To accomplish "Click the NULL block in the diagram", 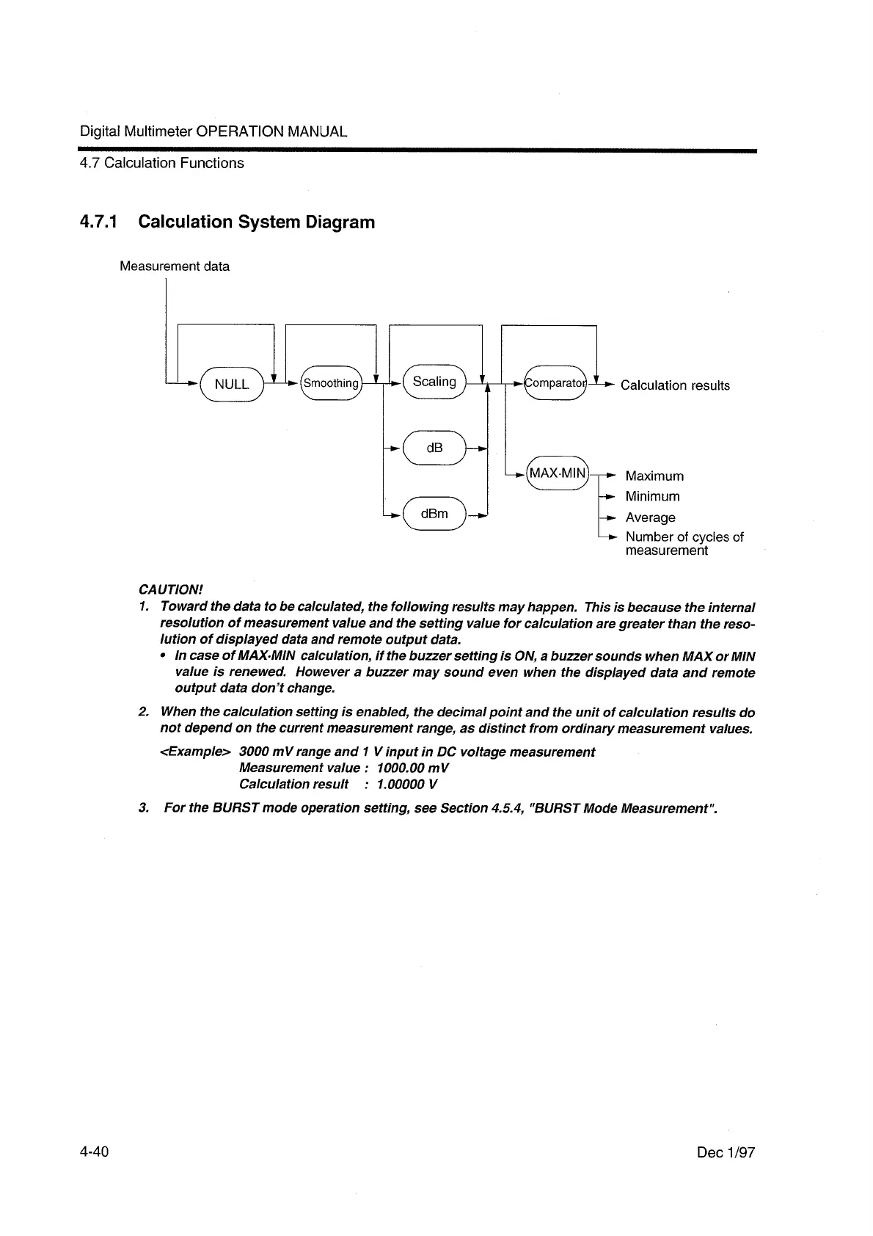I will (232, 384).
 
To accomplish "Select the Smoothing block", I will (332, 383).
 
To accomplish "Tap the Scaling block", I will (434, 382).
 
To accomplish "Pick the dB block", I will (434, 448).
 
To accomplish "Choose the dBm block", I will (434, 514).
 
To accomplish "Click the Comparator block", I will (555, 383).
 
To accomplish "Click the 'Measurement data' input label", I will (175, 266).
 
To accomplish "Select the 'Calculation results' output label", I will (675, 385).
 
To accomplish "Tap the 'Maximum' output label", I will (654, 476).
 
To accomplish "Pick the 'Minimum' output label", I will (652, 496).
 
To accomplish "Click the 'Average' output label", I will (650, 517).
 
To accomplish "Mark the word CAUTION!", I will (170, 590).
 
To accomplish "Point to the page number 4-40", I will (95, 1152).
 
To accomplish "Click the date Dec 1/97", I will (726, 1153).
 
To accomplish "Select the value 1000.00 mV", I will (412, 768).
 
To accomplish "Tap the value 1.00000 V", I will (407, 784).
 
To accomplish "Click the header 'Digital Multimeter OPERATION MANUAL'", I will (213, 132).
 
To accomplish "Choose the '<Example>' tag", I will (196, 752).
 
